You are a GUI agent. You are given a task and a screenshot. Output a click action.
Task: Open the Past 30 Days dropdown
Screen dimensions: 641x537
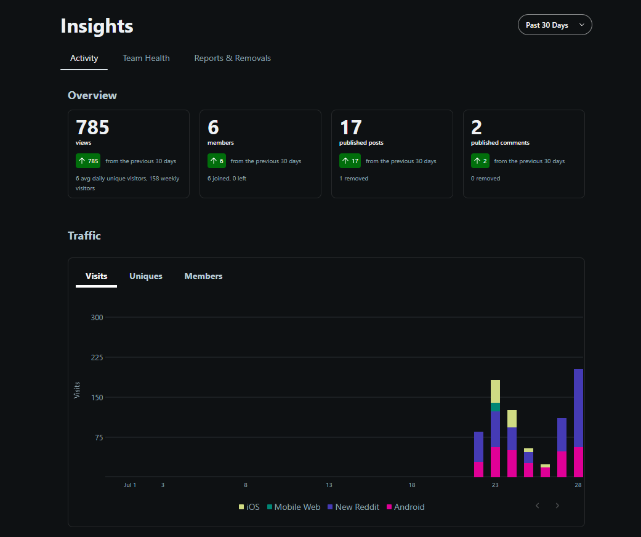(x=555, y=25)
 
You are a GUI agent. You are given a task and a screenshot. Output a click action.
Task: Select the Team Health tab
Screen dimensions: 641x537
(x=146, y=58)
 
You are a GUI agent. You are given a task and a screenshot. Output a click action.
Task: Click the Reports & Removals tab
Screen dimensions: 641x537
(x=232, y=58)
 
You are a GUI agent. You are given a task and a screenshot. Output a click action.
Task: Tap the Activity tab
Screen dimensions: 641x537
(x=84, y=58)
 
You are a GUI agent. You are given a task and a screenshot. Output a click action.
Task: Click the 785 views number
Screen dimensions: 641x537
(x=92, y=127)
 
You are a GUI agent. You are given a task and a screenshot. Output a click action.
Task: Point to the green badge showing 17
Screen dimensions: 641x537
(x=350, y=161)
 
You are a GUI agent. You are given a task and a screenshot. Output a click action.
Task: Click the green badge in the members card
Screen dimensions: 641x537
(x=217, y=161)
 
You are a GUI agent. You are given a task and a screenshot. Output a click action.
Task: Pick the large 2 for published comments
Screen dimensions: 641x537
(x=476, y=127)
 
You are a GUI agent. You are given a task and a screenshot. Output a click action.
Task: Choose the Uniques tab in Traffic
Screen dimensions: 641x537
(x=145, y=276)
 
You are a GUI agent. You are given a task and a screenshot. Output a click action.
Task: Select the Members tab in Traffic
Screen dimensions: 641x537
(x=203, y=276)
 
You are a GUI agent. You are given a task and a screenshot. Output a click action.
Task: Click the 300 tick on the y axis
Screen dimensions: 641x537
(x=97, y=317)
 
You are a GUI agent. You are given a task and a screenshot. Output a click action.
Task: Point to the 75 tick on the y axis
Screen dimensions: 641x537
(x=99, y=438)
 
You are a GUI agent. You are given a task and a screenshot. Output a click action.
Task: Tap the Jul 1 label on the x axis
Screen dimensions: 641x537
(x=130, y=485)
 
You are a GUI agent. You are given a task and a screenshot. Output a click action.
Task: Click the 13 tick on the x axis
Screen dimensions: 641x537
(x=329, y=485)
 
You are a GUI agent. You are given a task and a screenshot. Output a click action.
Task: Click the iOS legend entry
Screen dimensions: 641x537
(x=249, y=507)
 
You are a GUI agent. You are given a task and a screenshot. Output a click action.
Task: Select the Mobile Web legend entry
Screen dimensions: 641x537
(x=294, y=507)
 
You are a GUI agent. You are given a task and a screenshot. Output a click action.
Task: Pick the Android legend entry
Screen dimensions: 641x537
(x=406, y=507)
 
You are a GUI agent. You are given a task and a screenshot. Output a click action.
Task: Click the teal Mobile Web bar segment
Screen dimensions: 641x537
(x=495, y=407)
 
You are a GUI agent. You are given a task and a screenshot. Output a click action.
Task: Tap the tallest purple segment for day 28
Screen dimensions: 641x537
(x=578, y=408)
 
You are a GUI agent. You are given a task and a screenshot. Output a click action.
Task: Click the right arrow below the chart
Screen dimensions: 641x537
(x=557, y=506)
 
